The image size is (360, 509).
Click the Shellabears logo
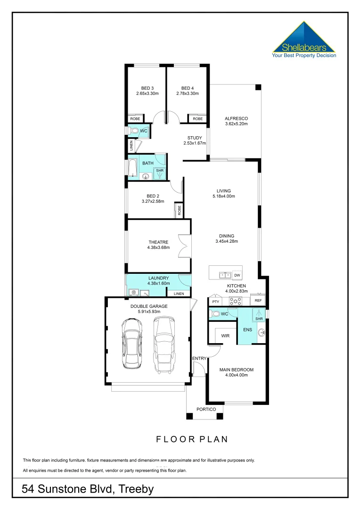pos(304,41)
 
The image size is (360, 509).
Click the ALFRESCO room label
pos(236,118)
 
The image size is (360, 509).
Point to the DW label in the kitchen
pos(237,275)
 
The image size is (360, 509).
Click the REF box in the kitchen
pos(258,300)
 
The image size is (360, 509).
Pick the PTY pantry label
pos(216,301)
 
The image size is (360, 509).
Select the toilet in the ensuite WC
pos(215,313)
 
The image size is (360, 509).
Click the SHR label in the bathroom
pos(160,171)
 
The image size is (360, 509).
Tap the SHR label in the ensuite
pos(258,319)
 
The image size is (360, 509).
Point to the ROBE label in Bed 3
pos(135,119)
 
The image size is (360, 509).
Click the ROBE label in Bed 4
pos(197,119)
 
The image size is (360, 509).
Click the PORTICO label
pos(206,409)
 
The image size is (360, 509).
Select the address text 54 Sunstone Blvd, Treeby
pos(88,489)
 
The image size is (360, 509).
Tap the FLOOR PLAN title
pos(192,439)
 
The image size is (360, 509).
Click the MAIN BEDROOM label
pos(237,369)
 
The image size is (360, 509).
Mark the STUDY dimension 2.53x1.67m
pos(195,143)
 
